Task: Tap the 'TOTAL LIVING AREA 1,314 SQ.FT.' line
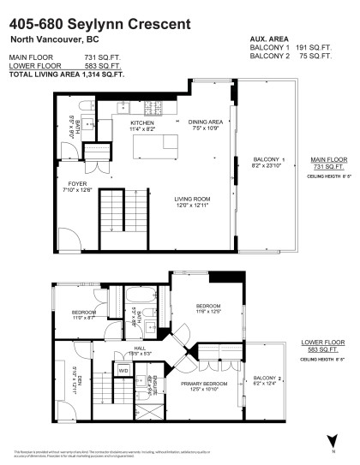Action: (x=67, y=75)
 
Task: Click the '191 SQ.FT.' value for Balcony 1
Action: (x=314, y=48)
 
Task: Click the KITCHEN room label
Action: (x=141, y=124)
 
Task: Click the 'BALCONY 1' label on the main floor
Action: (x=268, y=159)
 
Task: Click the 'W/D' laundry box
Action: (x=123, y=371)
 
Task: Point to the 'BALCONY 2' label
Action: (x=268, y=378)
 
